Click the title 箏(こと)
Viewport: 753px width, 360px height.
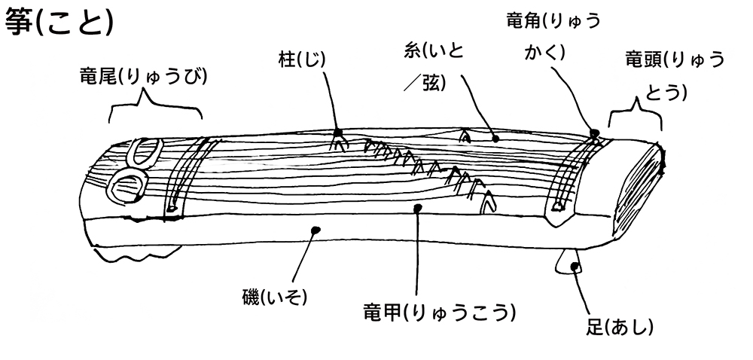coord(59,23)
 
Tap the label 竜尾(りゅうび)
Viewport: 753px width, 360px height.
coord(143,75)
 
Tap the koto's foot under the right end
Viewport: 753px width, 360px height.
coord(566,260)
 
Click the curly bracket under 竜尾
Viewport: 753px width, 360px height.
coord(156,109)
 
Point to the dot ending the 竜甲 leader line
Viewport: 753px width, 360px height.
coord(417,207)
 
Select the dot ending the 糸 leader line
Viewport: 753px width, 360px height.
coord(495,139)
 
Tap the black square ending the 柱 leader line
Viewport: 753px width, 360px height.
coord(338,133)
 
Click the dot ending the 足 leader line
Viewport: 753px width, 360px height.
coord(576,267)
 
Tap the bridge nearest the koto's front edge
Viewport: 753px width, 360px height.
coord(489,201)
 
